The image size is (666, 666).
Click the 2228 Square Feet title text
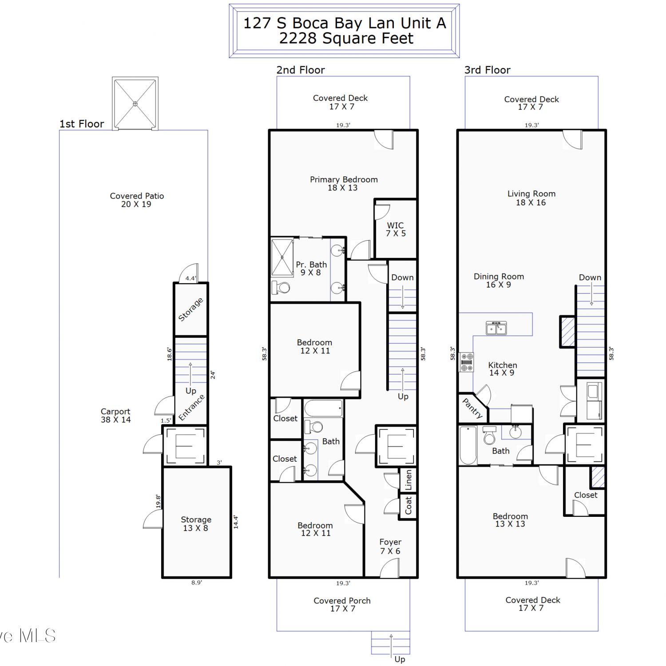pyautogui.click(x=346, y=38)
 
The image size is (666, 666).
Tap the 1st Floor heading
pyautogui.click(x=82, y=124)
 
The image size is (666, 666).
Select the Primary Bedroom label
pyautogui.click(x=344, y=179)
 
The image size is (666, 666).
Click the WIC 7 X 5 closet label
pyautogui.click(x=396, y=229)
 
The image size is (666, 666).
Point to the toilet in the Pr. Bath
pyautogui.click(x=281, y=288)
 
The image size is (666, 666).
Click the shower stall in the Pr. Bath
pyautogui.click(x=282, y=258)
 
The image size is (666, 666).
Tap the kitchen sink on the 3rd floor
pyautogui.click(x=496, y=328)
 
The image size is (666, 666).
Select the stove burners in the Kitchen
pyautogui.click(x=467, y=362)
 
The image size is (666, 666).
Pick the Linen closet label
pyautogui.click(x=408, y=480)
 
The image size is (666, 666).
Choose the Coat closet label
pyautogui.click(x=408, y=506)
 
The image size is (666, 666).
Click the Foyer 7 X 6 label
pyautogui.click(x=390, y=547)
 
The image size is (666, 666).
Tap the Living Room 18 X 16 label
pyautogui.click(x=531, y=198)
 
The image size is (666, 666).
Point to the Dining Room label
pyautogui.click(x=499, y=277)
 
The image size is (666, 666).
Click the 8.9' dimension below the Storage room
pyautogui.click(x=197, y=583)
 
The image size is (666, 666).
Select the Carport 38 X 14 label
pyautogui.click(x=115, y=416)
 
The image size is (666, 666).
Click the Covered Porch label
pyautogui.click(x=342, y=601)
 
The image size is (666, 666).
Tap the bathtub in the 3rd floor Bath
pyautogui.click(x=468, y=445)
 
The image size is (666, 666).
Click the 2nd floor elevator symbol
pyautogui.click(x=396, y=446)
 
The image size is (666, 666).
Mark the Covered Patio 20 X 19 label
pyautogui.click(x=137, y=200)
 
